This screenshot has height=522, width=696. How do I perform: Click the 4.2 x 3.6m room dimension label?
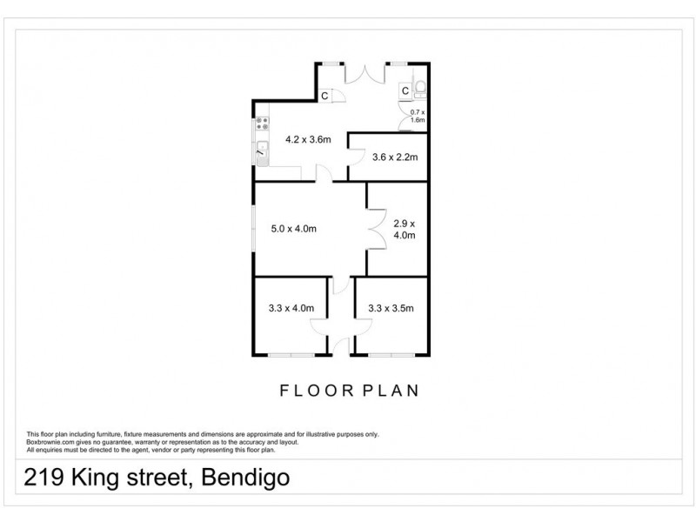click(309, 139)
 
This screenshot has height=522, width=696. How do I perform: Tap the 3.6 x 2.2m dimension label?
click(396, 157)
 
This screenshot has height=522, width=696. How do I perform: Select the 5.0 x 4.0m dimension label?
click(293, 229)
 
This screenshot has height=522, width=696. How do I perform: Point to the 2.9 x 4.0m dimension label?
click(405, 228)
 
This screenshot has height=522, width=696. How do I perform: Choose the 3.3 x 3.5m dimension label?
click(391, 307)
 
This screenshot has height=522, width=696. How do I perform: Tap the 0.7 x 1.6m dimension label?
click(418, 116)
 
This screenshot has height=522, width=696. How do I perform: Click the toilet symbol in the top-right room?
click(421, 88)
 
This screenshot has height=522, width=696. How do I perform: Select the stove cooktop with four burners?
click(261, 124)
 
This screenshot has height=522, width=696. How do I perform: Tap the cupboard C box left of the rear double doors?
click(324, 96)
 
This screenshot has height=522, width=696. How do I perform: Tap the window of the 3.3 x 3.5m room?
click(392, 354)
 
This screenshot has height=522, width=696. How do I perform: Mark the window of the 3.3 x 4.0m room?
click(291, 354)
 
